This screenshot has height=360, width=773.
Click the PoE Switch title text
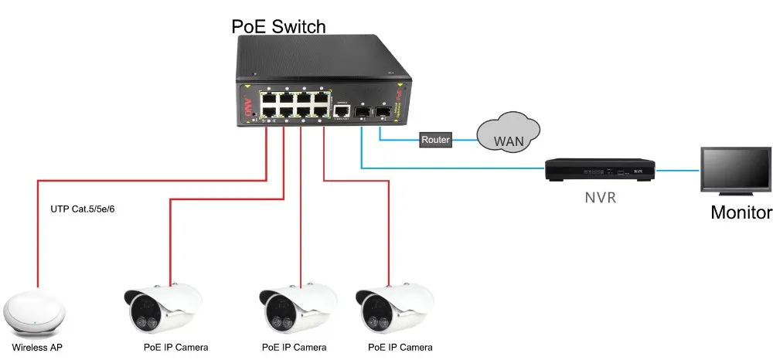point(278,26)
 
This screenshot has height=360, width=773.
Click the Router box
point(434,141)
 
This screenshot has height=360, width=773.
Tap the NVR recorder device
point(600,169)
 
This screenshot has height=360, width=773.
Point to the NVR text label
point(600,198)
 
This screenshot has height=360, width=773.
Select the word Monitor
point(741,212)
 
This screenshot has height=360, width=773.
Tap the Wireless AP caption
point(37,347)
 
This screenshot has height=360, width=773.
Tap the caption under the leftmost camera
point(175,347)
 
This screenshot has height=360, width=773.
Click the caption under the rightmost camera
point(400,347)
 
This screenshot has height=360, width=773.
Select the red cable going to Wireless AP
point(37,232)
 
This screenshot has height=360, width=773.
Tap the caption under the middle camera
point(294,347)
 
